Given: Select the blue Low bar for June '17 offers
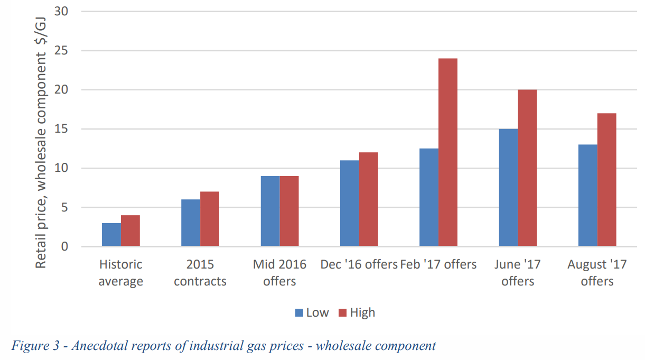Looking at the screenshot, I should (x=508, y=188).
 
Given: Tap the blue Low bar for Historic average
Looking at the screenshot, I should (x=111, y=235).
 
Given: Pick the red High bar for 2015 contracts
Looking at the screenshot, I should (x=210, y=219).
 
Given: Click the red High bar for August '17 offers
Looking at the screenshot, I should (x=606, y=180).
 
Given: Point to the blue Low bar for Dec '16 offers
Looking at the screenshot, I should (x=349, y=204).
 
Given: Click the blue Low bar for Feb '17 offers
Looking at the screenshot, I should (x=428, y=197).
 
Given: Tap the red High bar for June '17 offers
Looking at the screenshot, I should (x=527, y=168).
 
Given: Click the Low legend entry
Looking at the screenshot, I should (x=312, y=312).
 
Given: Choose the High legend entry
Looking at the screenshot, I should (x=357, y=312).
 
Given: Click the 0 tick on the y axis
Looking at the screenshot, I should (x=64, y=247).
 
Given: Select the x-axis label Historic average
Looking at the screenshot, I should (x=121, y=273).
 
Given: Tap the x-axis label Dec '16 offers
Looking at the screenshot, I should (x=359, y=264).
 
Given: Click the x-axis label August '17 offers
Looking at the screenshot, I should (x=597, y=273).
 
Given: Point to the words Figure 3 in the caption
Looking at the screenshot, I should (x=32, y=346).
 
